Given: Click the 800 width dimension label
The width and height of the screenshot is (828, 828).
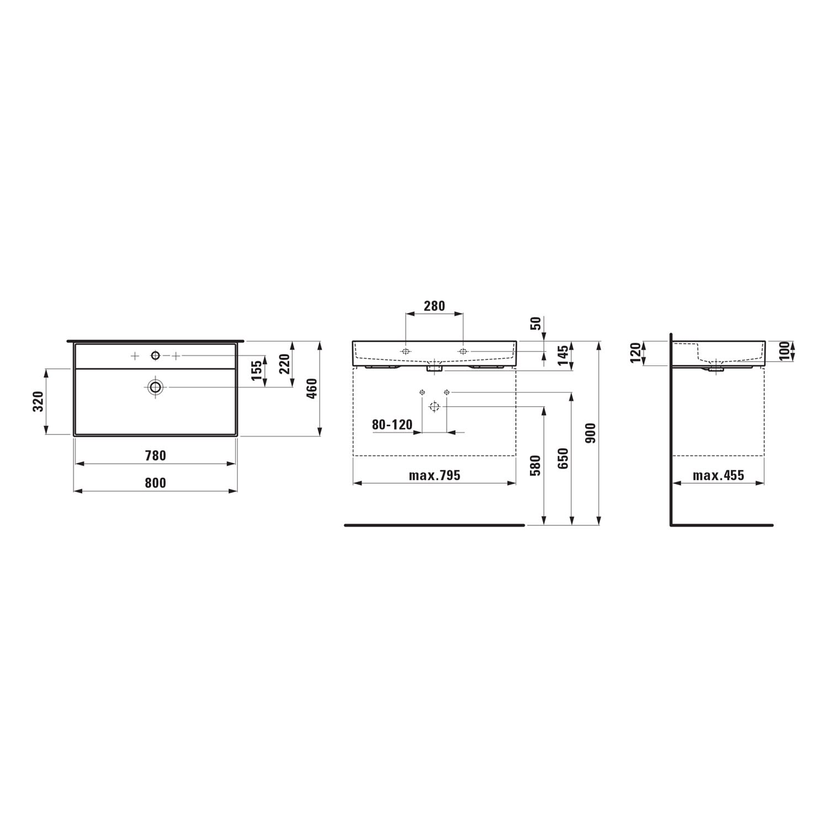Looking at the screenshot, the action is [155, 483].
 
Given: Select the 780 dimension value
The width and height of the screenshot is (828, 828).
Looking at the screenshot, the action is [155, 455].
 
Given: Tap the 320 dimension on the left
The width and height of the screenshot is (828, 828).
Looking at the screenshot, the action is [38, 401].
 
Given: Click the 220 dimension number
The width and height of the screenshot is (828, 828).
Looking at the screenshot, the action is [284, 364].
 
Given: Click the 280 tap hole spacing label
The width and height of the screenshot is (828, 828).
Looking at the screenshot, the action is [434, 306].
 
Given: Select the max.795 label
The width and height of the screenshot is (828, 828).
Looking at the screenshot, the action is [434, 475].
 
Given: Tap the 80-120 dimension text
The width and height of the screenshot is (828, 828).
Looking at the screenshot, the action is [392, 424].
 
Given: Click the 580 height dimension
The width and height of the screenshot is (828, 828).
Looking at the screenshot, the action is [534, 465].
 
